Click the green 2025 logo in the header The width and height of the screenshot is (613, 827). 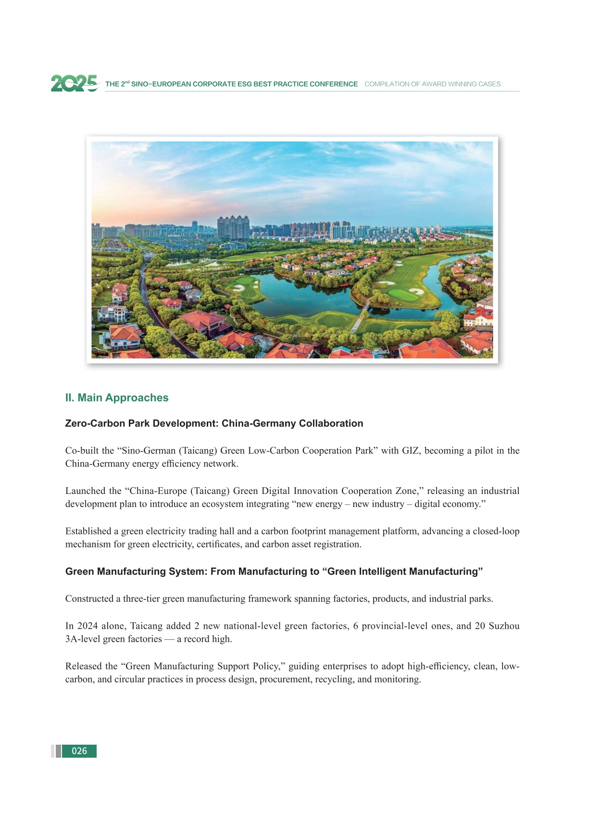tap(75, 83)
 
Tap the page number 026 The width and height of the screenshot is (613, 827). tap(79, 751)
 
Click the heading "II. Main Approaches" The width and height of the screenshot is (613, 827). tap(117, 398)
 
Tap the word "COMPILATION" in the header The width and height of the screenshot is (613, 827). tap(385, 84)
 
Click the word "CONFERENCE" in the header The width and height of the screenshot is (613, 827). tap(333, 84)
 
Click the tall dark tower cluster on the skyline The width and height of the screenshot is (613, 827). tap(233, 227)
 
